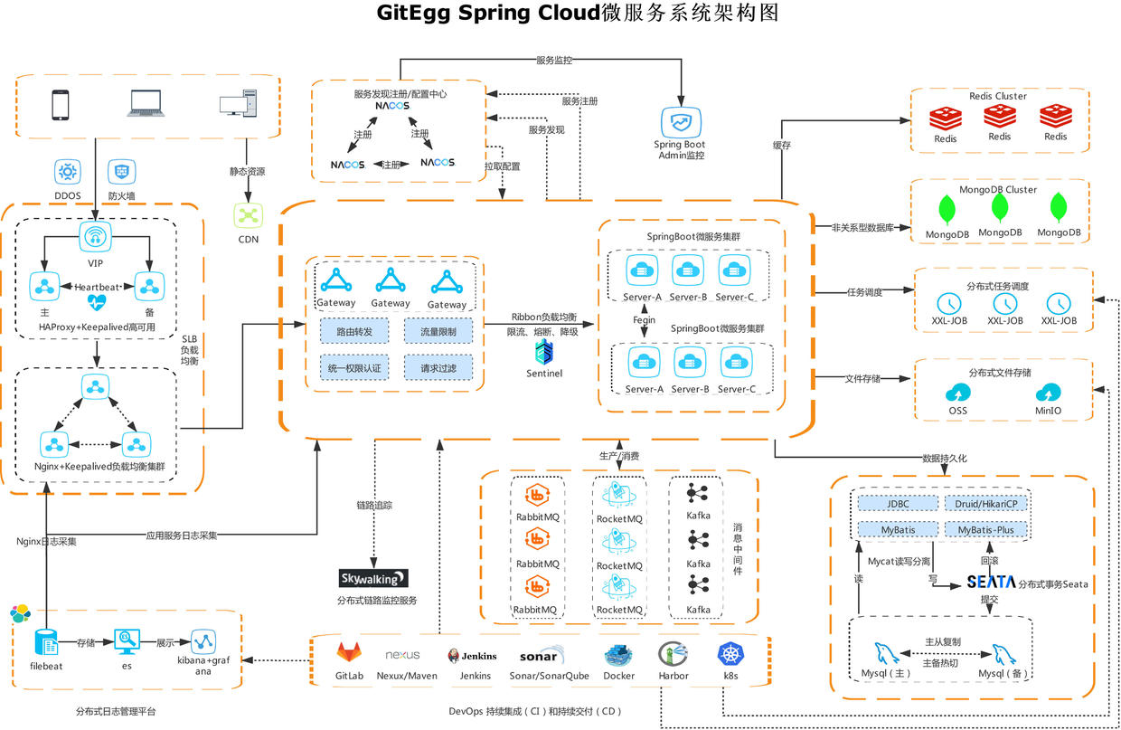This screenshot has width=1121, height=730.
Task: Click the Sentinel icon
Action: click(x=543, y=353)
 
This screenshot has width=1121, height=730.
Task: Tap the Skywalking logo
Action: click(x=373, y=578)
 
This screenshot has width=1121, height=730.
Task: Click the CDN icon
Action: click(x=248, y=215)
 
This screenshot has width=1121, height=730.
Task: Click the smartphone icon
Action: click(x=61, y=105)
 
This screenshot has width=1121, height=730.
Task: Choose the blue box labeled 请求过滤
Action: click(x=438, y=368)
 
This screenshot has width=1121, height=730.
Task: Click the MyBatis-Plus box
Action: click(x=986, y=528)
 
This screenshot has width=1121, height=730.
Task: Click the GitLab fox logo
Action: click(x=349, y=652)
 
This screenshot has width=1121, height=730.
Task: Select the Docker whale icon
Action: click(x=618, y=653)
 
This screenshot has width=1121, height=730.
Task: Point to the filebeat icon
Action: click(x=46, y=643)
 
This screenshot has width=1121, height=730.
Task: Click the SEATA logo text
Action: click(x=991, y=582)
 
